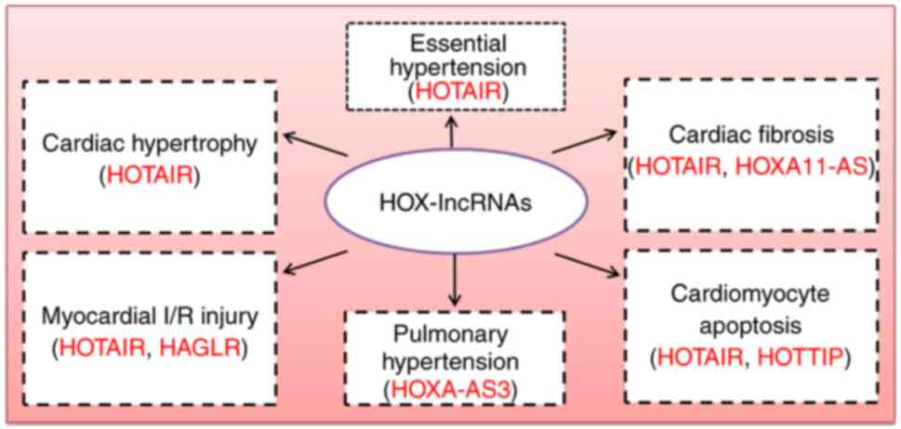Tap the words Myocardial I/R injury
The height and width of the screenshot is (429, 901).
148,313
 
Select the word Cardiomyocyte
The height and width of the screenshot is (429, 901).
750,295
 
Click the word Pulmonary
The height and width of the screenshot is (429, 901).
453,332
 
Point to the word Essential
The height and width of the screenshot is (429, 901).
453,43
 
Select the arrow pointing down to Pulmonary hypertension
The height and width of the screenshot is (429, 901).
453,280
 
